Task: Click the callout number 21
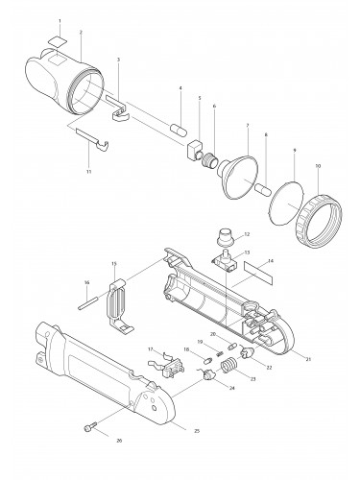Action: point(308,358)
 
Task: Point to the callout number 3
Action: point(118,60)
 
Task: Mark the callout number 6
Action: point(214,106)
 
